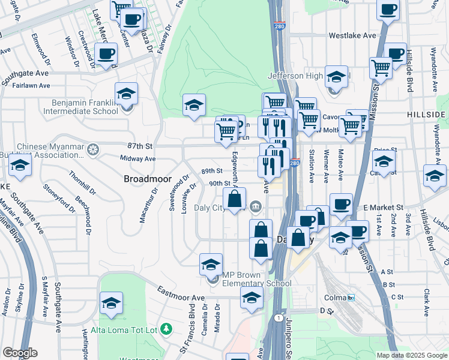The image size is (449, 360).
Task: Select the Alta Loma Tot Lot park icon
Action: pos(167,329)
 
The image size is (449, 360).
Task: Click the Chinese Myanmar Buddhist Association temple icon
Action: pos(92,148)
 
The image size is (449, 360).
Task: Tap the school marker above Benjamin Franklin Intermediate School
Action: pos(127,94)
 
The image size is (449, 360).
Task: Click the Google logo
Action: pos(20,353)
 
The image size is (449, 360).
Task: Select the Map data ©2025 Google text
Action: pos(411,355)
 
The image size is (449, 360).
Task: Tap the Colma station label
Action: pos(340,297)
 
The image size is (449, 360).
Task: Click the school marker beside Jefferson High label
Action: pos(336,77)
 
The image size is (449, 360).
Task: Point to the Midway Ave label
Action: pos(137,159)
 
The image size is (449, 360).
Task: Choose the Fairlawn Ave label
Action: pos(31,86)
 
